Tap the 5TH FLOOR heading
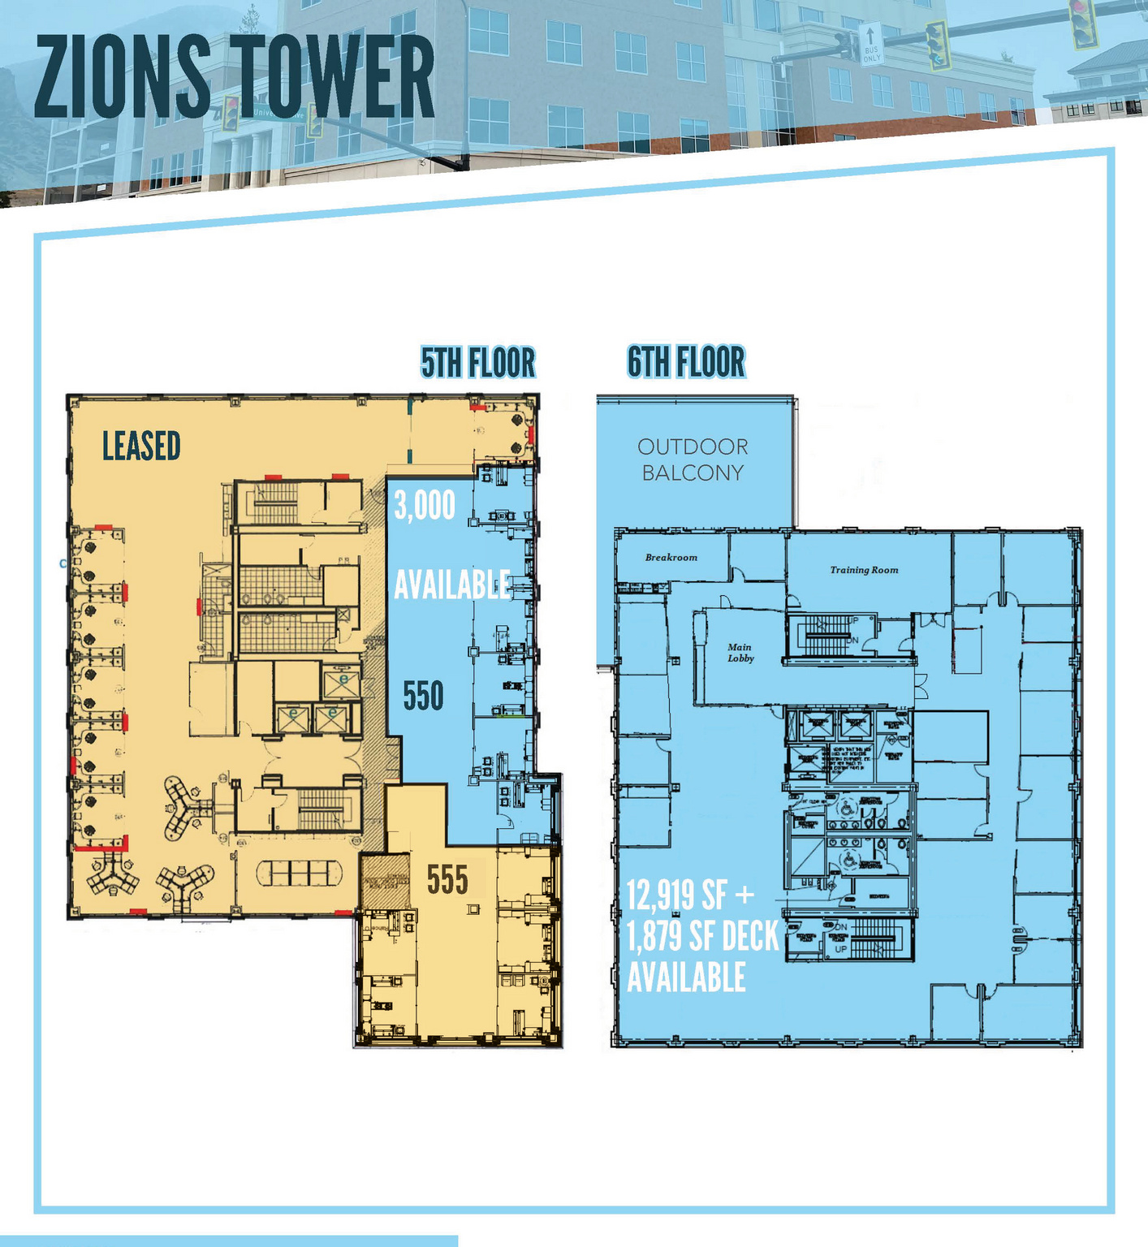pyautogui.click(x=477, y=363)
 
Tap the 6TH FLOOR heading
pyautogui.click(x=686, y=362)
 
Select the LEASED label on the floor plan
pyautogui.click(x=141, y=447)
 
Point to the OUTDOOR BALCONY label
pyautogui.click(x=693, y=460)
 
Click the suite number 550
pyautogui.click(x=424, y=696)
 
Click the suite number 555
pyautogui.click(x=447, y=879)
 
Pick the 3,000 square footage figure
pyautogui.click(x=425, y=506)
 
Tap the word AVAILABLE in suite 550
pyautogui.click(x=452, y=585)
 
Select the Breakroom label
pyautogui.click(x=671, y=558)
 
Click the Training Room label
pyautogui.click(x=864, y=570)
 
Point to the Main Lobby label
pyautogui.click(x=740, y=653)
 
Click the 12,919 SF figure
pyautogui.click(x=677, y=895)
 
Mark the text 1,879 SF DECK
pyautogui.click(x=702, y=937)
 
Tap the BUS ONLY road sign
pyautogui.click(x=870, y=44)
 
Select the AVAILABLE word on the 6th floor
pyautogui.click(x=686, y=977)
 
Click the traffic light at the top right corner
pyautogui.click(x=1083, y=22)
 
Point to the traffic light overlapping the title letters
pyautogui.click(x=231, y=113)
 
